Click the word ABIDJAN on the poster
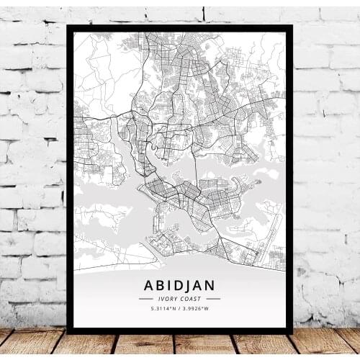click(180, 286)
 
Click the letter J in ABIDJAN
click(190, 286)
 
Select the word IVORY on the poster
click(168, 300)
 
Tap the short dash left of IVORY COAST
click(147, 300)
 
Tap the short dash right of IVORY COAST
click(213, 300)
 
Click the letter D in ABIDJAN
click(178, 286)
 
